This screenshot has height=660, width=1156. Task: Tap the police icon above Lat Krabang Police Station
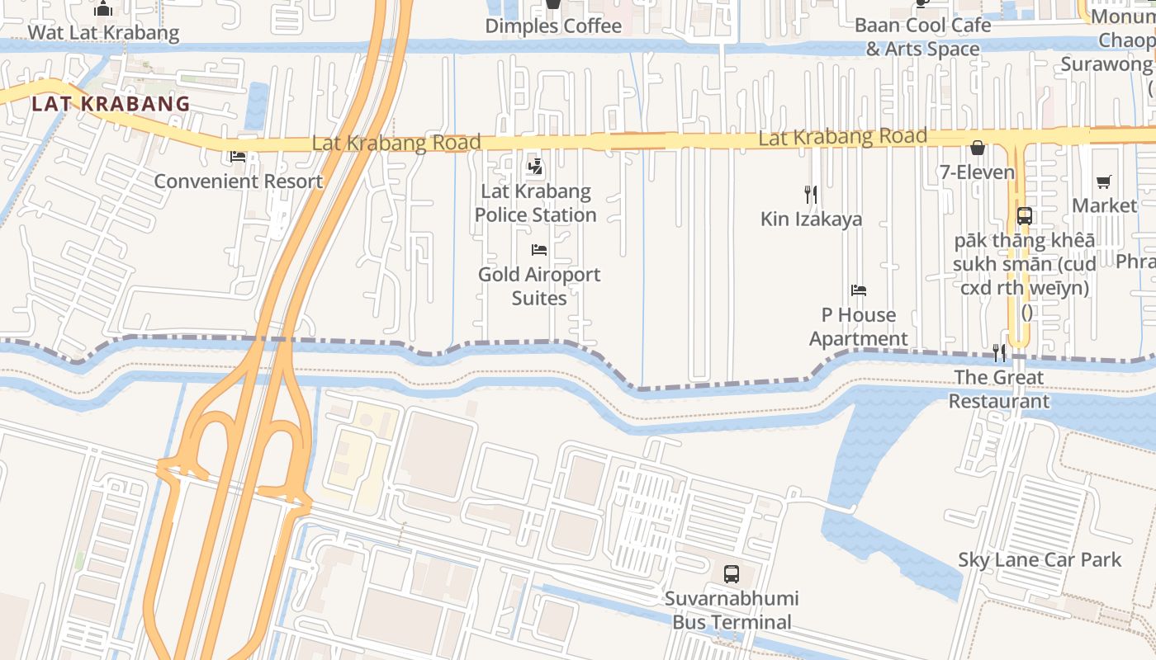click(535, 167)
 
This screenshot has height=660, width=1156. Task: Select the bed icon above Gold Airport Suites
click(539, 249)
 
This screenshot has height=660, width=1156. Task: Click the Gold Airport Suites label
click(539, 285)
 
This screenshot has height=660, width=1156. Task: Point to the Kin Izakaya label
click(811, 219)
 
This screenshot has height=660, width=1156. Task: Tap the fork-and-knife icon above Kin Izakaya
click(811, 195)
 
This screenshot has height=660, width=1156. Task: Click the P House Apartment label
click(859, 327)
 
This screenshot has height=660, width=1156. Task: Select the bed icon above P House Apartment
click(859, 290)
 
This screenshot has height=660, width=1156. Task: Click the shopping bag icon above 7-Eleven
click(978, 148)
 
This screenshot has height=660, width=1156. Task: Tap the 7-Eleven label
click(978, 172)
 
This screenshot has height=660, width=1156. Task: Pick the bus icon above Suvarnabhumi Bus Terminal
click(732, 574)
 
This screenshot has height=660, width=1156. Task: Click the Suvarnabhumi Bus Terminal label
click(732, 610)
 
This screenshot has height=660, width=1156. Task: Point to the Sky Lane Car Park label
click(1040, 559)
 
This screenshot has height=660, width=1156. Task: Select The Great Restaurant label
click(999, 389)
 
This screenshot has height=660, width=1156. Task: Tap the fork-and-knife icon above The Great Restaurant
click(999, 353)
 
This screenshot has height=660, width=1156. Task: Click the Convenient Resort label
click(238, 181)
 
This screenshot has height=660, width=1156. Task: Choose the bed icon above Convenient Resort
click(238, 156)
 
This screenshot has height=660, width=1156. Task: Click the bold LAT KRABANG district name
click(111, 104)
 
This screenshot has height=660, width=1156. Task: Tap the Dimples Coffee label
click(553, 26)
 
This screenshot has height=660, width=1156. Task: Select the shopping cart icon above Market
click(1104, 181)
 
